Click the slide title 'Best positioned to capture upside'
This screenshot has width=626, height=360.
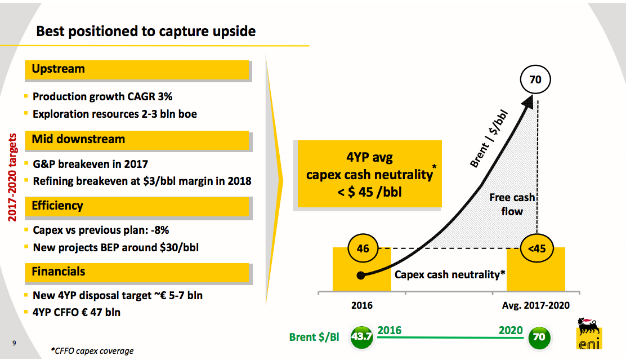146,31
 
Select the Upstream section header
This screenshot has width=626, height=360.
58,69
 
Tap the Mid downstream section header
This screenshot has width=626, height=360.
78,139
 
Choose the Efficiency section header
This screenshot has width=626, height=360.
57,206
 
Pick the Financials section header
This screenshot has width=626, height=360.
59,272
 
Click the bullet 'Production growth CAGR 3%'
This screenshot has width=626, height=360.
102,97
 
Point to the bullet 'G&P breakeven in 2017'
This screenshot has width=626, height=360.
90,164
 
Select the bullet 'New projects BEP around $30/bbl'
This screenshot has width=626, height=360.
115,247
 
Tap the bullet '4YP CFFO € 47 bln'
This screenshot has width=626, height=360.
77,312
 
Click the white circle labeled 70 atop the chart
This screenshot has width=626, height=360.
535,80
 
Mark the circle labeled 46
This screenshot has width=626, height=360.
363,248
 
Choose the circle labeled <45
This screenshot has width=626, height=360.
537,248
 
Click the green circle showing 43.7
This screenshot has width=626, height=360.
361,337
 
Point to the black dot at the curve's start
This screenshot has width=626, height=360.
361,275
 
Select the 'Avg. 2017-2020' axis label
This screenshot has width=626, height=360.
535,305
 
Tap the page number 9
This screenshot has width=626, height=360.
13,342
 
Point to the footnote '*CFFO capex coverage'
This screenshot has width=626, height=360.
92,351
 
